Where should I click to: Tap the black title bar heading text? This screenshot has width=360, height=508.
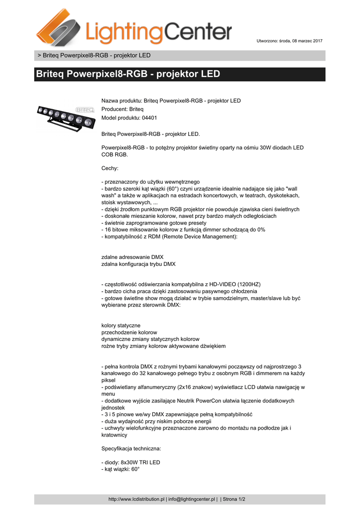click(128, 74)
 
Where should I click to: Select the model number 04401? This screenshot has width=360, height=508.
click(149, 118)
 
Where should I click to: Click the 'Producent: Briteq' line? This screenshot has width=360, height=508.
click(122, 109)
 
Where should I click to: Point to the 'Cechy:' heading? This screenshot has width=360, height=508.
click(110, 168)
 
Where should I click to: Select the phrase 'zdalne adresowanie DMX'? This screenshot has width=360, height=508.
click(132, 257)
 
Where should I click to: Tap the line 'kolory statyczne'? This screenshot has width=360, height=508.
click(121, 325)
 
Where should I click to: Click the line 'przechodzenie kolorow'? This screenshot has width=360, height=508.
click(129, 332)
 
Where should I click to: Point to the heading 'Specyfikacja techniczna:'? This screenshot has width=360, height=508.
click(131, 448)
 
